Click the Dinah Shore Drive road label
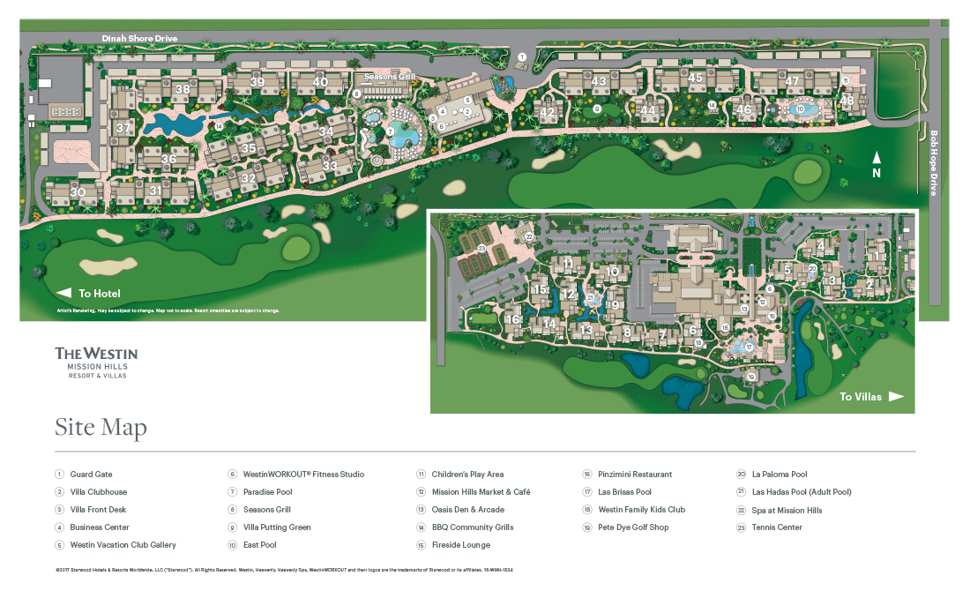point(139,39)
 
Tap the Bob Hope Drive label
point(935,163)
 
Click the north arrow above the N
point(877,157)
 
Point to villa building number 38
point(183,88)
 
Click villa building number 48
point(847,101)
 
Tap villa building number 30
point(78,192)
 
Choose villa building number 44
point(649,110)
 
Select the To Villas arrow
point(895,397)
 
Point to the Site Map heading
point(101,428)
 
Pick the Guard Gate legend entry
point(91,475)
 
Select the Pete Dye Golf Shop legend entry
point(633,527)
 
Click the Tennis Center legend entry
point(777,527)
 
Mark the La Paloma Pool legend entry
point(780,475)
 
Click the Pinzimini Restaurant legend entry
point(634,475)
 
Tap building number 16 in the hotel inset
point(513,319)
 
